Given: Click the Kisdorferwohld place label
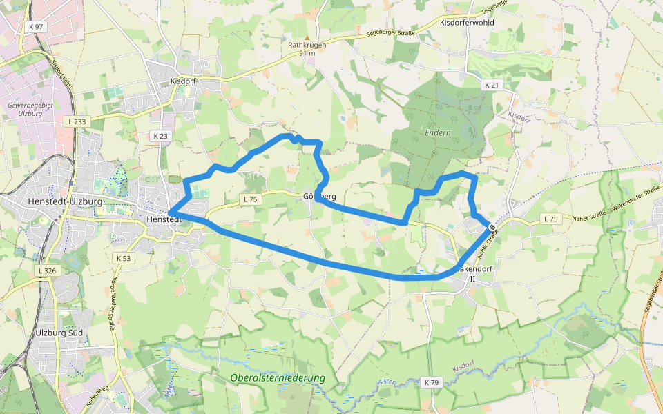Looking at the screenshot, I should tap(467, 23).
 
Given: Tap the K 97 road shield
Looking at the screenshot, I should tap(36, 26).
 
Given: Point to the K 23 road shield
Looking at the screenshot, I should tap(160, 136).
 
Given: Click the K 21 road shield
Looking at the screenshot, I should tap(491, 85).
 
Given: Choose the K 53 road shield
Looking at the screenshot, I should tap(123, 257).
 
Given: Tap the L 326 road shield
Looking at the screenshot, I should tap(47, 271).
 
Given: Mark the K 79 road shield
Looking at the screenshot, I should tap(432, 382).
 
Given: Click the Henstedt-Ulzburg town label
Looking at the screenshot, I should tap(66, 201).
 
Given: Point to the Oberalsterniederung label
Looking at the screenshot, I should tap(278, 378).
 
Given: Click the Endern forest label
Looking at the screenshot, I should tap(438, 132).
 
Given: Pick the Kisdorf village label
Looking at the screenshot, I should tap(183, 81).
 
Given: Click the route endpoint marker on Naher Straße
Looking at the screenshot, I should tap(491, 227).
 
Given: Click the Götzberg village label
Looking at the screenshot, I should tap(320, 197).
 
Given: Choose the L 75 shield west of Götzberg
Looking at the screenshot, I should tap(249, 199).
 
